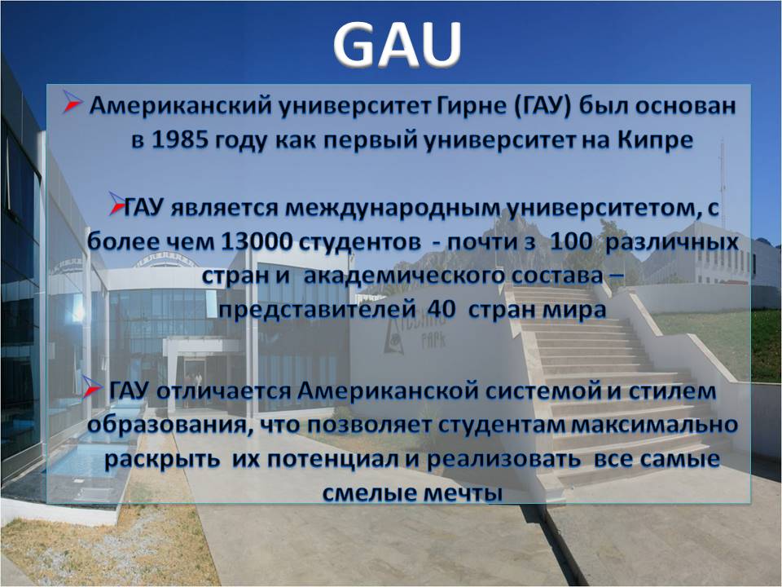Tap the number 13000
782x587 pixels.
pyautogui.click(x=256, y=242)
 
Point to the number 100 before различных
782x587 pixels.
pyautogui.click(x=572, y=242)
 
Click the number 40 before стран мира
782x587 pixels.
pyautogui.click(x=442, y=310)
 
